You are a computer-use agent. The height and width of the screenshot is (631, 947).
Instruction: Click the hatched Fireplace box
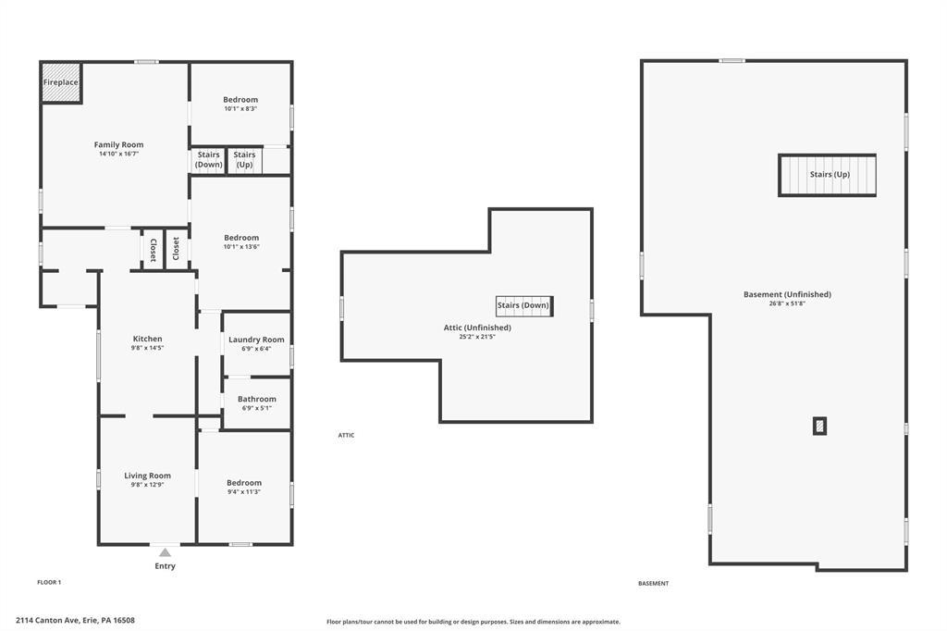coord(61,82)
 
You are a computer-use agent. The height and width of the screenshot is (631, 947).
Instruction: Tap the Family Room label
coord(119,144)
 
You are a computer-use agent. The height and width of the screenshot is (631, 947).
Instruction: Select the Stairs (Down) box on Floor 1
coord(208,160)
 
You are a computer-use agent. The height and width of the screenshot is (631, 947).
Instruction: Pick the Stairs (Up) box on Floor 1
coord(244,160)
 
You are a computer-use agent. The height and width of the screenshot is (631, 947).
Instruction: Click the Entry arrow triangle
coord(165,552)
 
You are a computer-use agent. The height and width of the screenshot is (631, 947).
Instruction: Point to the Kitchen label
coord(147,339)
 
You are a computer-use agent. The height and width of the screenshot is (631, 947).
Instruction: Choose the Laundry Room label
coord(256,340)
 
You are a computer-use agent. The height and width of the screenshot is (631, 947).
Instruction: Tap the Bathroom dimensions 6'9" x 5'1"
coord(257,408)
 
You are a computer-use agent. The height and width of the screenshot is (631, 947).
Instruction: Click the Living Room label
coord(147,476)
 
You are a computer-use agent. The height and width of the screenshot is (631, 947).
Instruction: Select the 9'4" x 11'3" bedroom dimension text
coord(244,492)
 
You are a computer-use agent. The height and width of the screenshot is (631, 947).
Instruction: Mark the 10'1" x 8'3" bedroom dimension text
coord(240,109)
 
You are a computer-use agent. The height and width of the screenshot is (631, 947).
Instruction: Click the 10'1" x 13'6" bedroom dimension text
coord(241,247)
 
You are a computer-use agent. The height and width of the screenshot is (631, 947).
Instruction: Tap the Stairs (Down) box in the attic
coord(523,306)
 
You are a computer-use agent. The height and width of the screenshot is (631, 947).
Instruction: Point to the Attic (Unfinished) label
coord(477,328)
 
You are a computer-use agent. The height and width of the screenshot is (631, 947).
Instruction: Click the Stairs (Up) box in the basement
coord(827,175)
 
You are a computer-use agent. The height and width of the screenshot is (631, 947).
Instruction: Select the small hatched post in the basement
coord(819,427)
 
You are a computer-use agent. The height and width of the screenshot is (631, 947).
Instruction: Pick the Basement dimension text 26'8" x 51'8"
coord(787,303)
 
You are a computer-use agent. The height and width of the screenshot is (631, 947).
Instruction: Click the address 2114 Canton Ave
coord(48,620)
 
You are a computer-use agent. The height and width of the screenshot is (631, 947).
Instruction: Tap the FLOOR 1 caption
coord(49,583)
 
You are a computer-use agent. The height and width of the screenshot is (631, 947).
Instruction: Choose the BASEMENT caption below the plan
coord(654,583)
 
